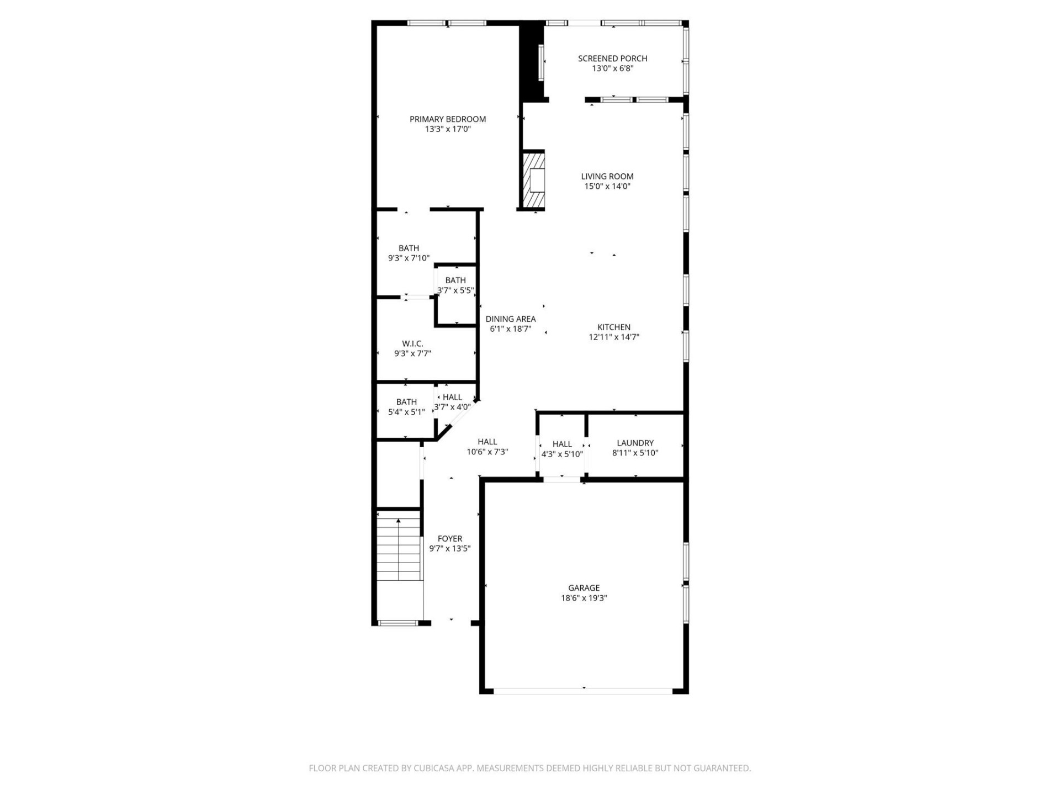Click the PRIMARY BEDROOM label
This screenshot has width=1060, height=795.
point(447,119)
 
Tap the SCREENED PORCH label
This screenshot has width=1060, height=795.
point(612,58)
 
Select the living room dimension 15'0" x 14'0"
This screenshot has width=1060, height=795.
point(607,187)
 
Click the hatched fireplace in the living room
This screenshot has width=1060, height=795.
point(533,180)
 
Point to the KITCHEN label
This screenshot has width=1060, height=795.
point(613,327)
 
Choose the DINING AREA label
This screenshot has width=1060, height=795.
point(510,319)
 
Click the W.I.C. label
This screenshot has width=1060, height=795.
point(412,343)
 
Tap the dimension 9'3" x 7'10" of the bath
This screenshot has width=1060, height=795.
point(409,258)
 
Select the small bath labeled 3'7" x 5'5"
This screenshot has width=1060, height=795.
point(455,285)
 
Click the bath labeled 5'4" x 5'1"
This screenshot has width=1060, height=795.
point(406,407)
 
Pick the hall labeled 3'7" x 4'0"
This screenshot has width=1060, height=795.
point(452,402)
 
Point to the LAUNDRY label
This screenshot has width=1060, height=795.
point(635,443)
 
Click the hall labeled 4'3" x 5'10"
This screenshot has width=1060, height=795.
point(562,449)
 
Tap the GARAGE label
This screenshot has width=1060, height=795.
point(584,588)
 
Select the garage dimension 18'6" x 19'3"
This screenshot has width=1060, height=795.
point(584,598)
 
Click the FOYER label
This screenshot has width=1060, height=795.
point(449,538)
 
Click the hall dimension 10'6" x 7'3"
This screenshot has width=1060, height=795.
point(487,452)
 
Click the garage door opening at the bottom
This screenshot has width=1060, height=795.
point(583,691)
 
